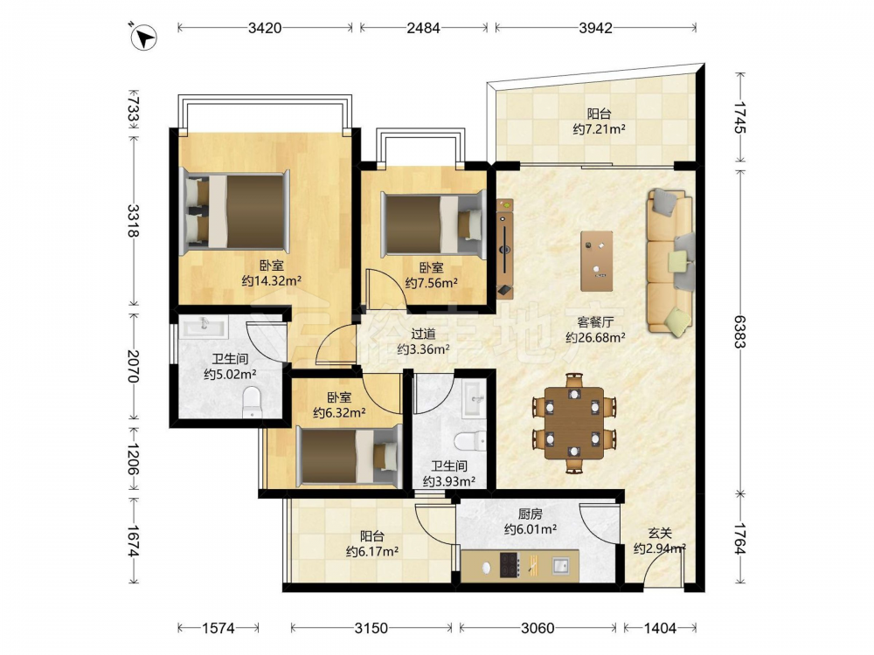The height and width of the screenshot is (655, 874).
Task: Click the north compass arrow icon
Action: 143,38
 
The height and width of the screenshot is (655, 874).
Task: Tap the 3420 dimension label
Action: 265,27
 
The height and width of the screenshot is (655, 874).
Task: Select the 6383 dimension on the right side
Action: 739,331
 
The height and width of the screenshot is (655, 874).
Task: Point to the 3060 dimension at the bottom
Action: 538,628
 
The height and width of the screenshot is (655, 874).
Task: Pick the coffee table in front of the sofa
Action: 596,261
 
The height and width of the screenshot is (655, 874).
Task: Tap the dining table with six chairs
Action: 575,424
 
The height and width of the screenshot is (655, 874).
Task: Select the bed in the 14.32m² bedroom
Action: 236,210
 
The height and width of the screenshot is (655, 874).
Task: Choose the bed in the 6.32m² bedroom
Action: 349,456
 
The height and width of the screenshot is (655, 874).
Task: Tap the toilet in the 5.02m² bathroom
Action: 252,401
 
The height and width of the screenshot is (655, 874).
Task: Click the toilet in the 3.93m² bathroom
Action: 469,442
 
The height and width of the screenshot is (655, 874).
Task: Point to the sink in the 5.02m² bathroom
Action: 205,327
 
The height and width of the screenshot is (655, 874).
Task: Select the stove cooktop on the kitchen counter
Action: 510,565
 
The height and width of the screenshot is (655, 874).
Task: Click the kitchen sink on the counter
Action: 559,566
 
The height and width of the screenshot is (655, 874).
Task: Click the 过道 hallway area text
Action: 423,334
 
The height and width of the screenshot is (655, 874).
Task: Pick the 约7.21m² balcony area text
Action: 600,130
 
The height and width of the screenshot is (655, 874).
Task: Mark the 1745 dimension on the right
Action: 739,117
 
